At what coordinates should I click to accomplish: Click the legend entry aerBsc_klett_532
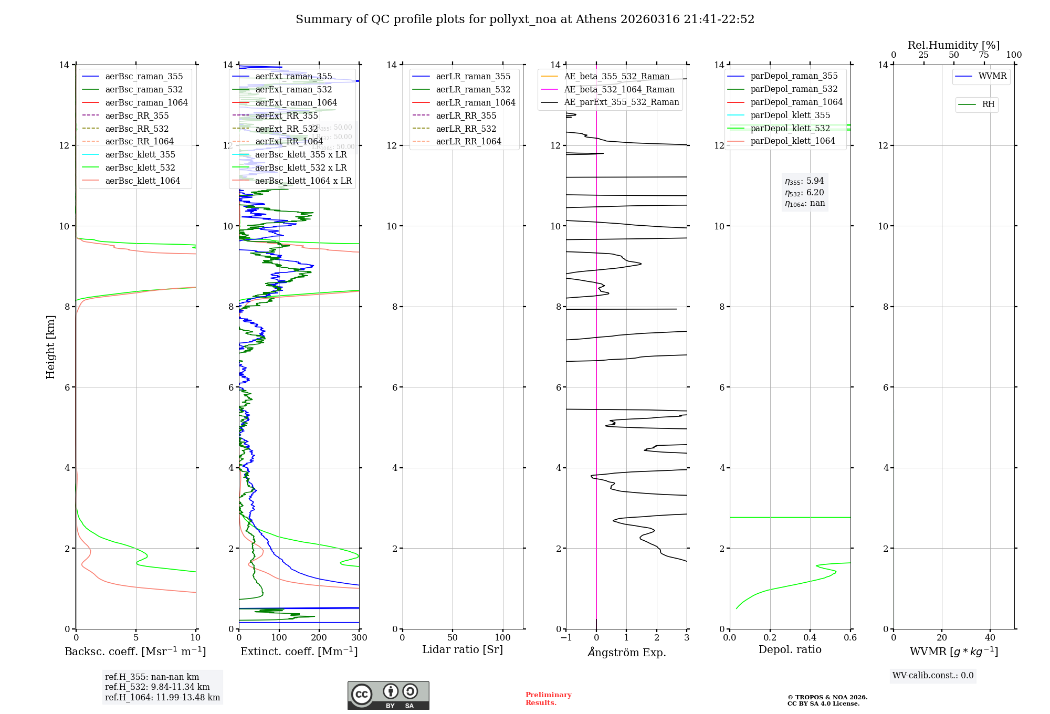[140, 167]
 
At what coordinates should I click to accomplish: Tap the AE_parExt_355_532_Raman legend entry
[621, 102]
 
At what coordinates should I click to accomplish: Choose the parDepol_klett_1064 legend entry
[792, 141]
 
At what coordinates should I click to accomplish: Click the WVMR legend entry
[992, 76]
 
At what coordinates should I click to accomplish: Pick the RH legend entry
[988, 104]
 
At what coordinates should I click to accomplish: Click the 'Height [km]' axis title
[50, 346]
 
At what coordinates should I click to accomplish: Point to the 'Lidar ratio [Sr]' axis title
[462, 649]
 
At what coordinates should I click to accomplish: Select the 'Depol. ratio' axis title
[790, 649]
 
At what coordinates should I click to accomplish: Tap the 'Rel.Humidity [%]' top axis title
[953, 45]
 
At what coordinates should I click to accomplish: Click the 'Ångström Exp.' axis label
[626, 652]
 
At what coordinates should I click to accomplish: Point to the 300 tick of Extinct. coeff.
[359, 638]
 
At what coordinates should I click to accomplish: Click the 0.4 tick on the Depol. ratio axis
[810, 638]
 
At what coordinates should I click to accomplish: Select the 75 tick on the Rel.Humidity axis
[983, 55]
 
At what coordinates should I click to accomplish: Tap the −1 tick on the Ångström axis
[566, 638]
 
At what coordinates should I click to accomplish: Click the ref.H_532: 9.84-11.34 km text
[157, 687]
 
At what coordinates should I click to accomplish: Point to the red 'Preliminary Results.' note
[548, 699]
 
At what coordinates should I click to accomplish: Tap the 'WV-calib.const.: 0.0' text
[933, 676]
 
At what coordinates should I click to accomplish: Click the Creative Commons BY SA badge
[388, 695]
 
